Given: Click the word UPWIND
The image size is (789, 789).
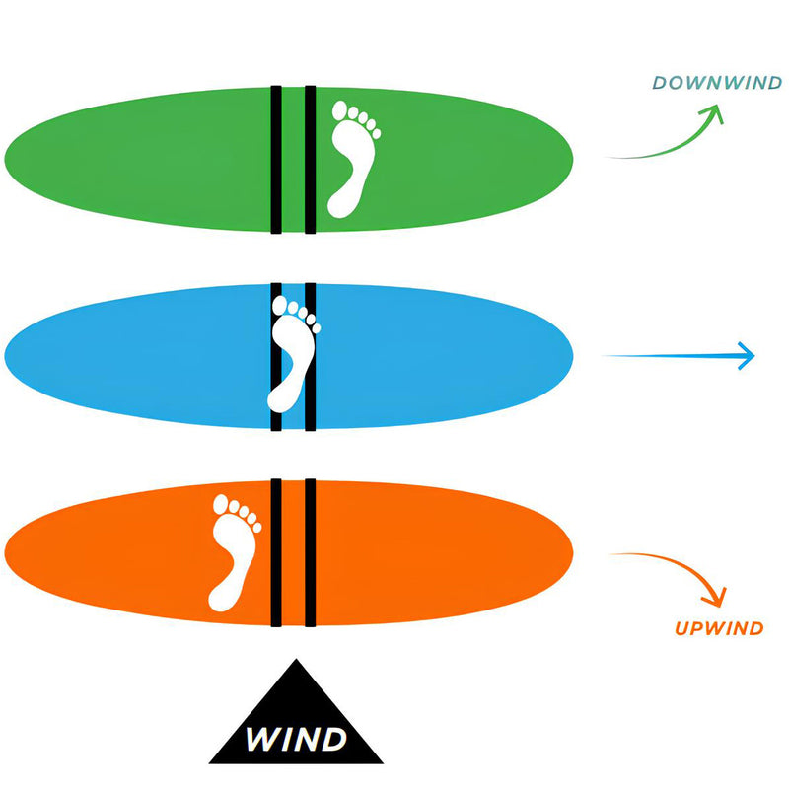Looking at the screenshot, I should coord(720,628).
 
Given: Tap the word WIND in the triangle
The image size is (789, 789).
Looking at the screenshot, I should coord(295,738).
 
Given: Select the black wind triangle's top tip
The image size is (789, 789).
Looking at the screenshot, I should coord(295,661).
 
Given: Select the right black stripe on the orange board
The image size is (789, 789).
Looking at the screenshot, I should coord(310,552).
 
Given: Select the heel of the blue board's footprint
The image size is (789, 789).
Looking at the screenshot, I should coord(283,398).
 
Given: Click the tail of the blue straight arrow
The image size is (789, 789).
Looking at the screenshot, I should coord(604,356).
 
